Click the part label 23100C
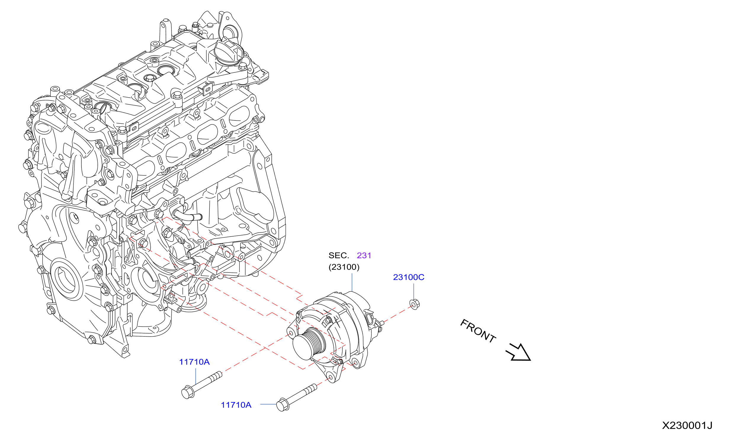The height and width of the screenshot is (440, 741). click(x=408, y=277)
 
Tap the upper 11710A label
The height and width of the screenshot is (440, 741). click(x=194, y=362)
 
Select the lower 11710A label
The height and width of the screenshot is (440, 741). click(x=236, y=405)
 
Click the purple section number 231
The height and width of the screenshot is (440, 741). click(x=364, y=255)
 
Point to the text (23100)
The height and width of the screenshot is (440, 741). click(x=344, y=267)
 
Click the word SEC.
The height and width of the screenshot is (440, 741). click(x=339, y=255)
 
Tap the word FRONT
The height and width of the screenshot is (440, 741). click(x=478, y=331)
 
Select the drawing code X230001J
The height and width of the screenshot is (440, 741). click(x=687, y=425)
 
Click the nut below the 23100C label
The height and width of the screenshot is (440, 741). click(x=414, y=304)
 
